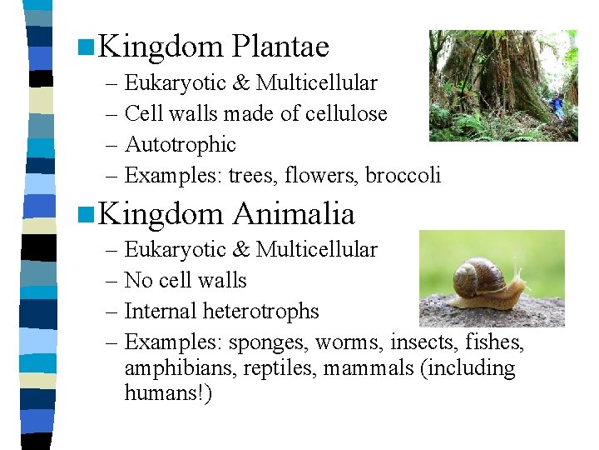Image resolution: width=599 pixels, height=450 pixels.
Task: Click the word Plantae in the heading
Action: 280,47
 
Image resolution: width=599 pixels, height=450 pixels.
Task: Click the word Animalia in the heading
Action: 293,214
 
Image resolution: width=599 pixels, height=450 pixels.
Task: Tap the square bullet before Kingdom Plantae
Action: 82,47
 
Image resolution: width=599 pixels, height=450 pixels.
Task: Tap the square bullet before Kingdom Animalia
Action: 82,215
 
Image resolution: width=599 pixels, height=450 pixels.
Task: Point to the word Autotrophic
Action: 180,144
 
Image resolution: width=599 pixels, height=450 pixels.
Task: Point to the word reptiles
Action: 280,367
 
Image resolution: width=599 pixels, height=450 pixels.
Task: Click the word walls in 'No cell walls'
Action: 220,280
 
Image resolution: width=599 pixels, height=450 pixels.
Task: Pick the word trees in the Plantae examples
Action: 252,175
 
